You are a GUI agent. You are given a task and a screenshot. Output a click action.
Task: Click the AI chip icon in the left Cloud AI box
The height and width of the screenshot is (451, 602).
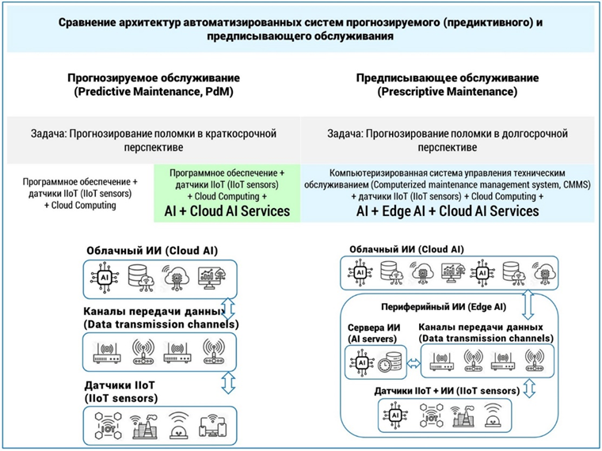[104, 278]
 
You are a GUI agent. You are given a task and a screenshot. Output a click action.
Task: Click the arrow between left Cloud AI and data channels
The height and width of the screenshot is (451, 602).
[227, 306]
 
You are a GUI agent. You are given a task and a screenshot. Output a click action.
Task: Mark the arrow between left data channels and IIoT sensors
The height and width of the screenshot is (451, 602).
[227, 381]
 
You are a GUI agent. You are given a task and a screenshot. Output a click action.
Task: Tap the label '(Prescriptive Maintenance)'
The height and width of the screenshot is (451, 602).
[448, 93]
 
